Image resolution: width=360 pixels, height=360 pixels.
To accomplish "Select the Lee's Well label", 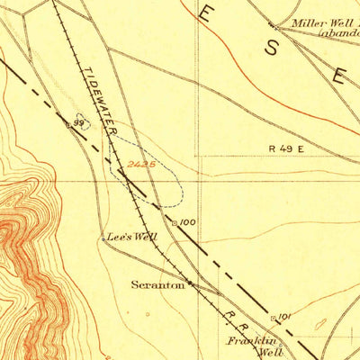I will [132, 238].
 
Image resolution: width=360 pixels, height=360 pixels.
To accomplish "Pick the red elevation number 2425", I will [141, 165].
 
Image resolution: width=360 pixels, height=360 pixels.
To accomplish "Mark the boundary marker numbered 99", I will [78, 122].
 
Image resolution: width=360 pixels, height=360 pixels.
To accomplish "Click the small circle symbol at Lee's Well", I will [103, 238].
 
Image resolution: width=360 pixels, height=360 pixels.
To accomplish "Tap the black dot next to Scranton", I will [189, 285].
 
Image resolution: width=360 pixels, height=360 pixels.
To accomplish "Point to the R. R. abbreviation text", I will [235, 314].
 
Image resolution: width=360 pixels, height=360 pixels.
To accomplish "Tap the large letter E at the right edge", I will [340, 77].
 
